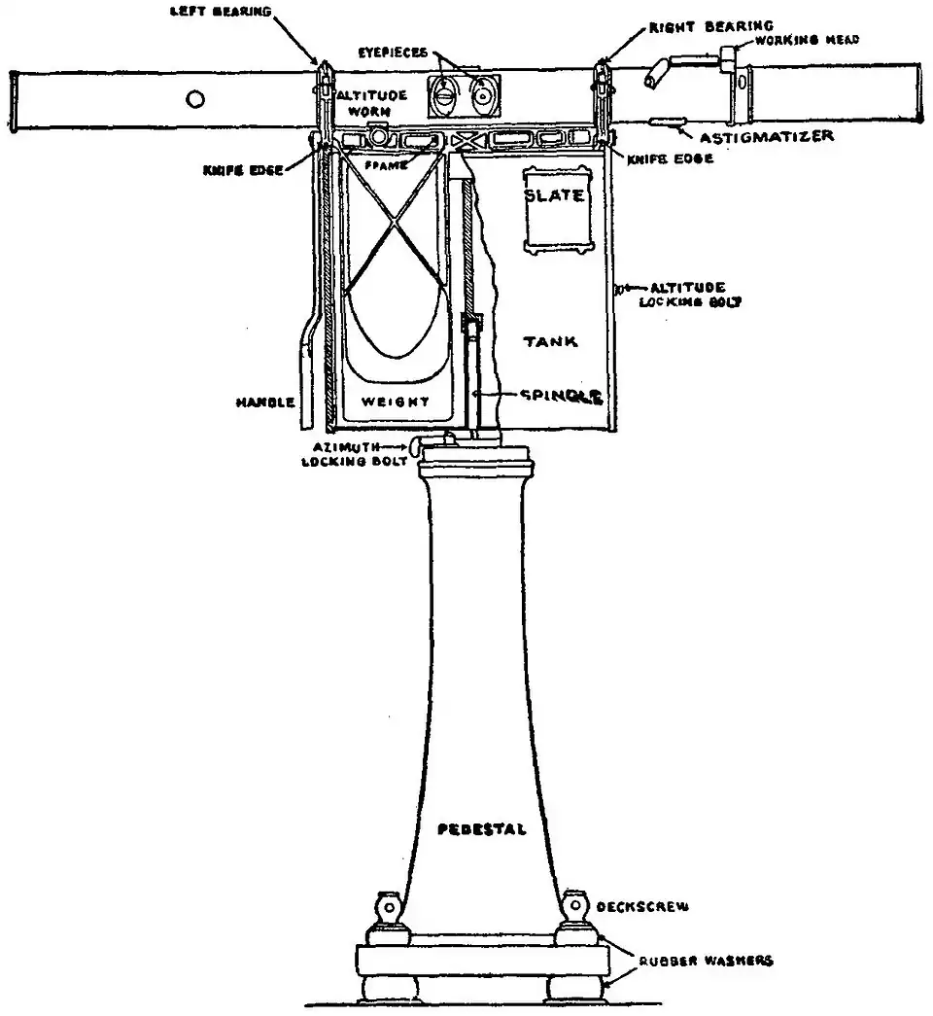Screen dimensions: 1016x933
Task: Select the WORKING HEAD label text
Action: click(807, 39)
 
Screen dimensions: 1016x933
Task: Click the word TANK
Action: click(551, 341)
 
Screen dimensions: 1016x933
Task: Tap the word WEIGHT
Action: click(395, 401)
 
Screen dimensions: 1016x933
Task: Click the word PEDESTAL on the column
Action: click(483, 829)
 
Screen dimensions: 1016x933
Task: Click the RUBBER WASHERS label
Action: click(707, 960)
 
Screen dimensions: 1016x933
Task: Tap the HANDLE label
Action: click(263, 401)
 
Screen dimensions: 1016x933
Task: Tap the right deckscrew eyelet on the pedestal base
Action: click(576, 905)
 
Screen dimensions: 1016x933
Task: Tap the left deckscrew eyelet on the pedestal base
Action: click(389, 905)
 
